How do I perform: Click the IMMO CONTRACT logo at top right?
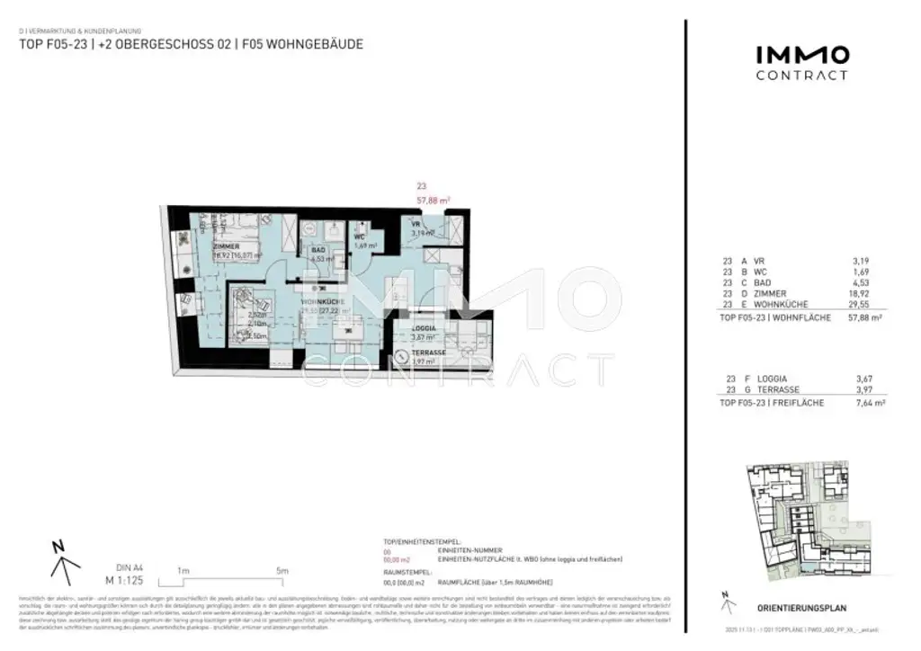(x=800, y=62)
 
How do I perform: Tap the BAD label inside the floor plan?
(x=317, y=253)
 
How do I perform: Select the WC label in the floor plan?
(x=358, y=237)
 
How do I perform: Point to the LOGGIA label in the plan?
(x=424, y=329)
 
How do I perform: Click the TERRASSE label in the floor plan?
(x=428, y=353)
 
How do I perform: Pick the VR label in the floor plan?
(x=416, y=224)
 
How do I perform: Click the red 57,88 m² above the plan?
(x=433, y=201)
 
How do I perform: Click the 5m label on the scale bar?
(x=282, y=571)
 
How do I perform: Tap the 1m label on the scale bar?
(x=183, y=571)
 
